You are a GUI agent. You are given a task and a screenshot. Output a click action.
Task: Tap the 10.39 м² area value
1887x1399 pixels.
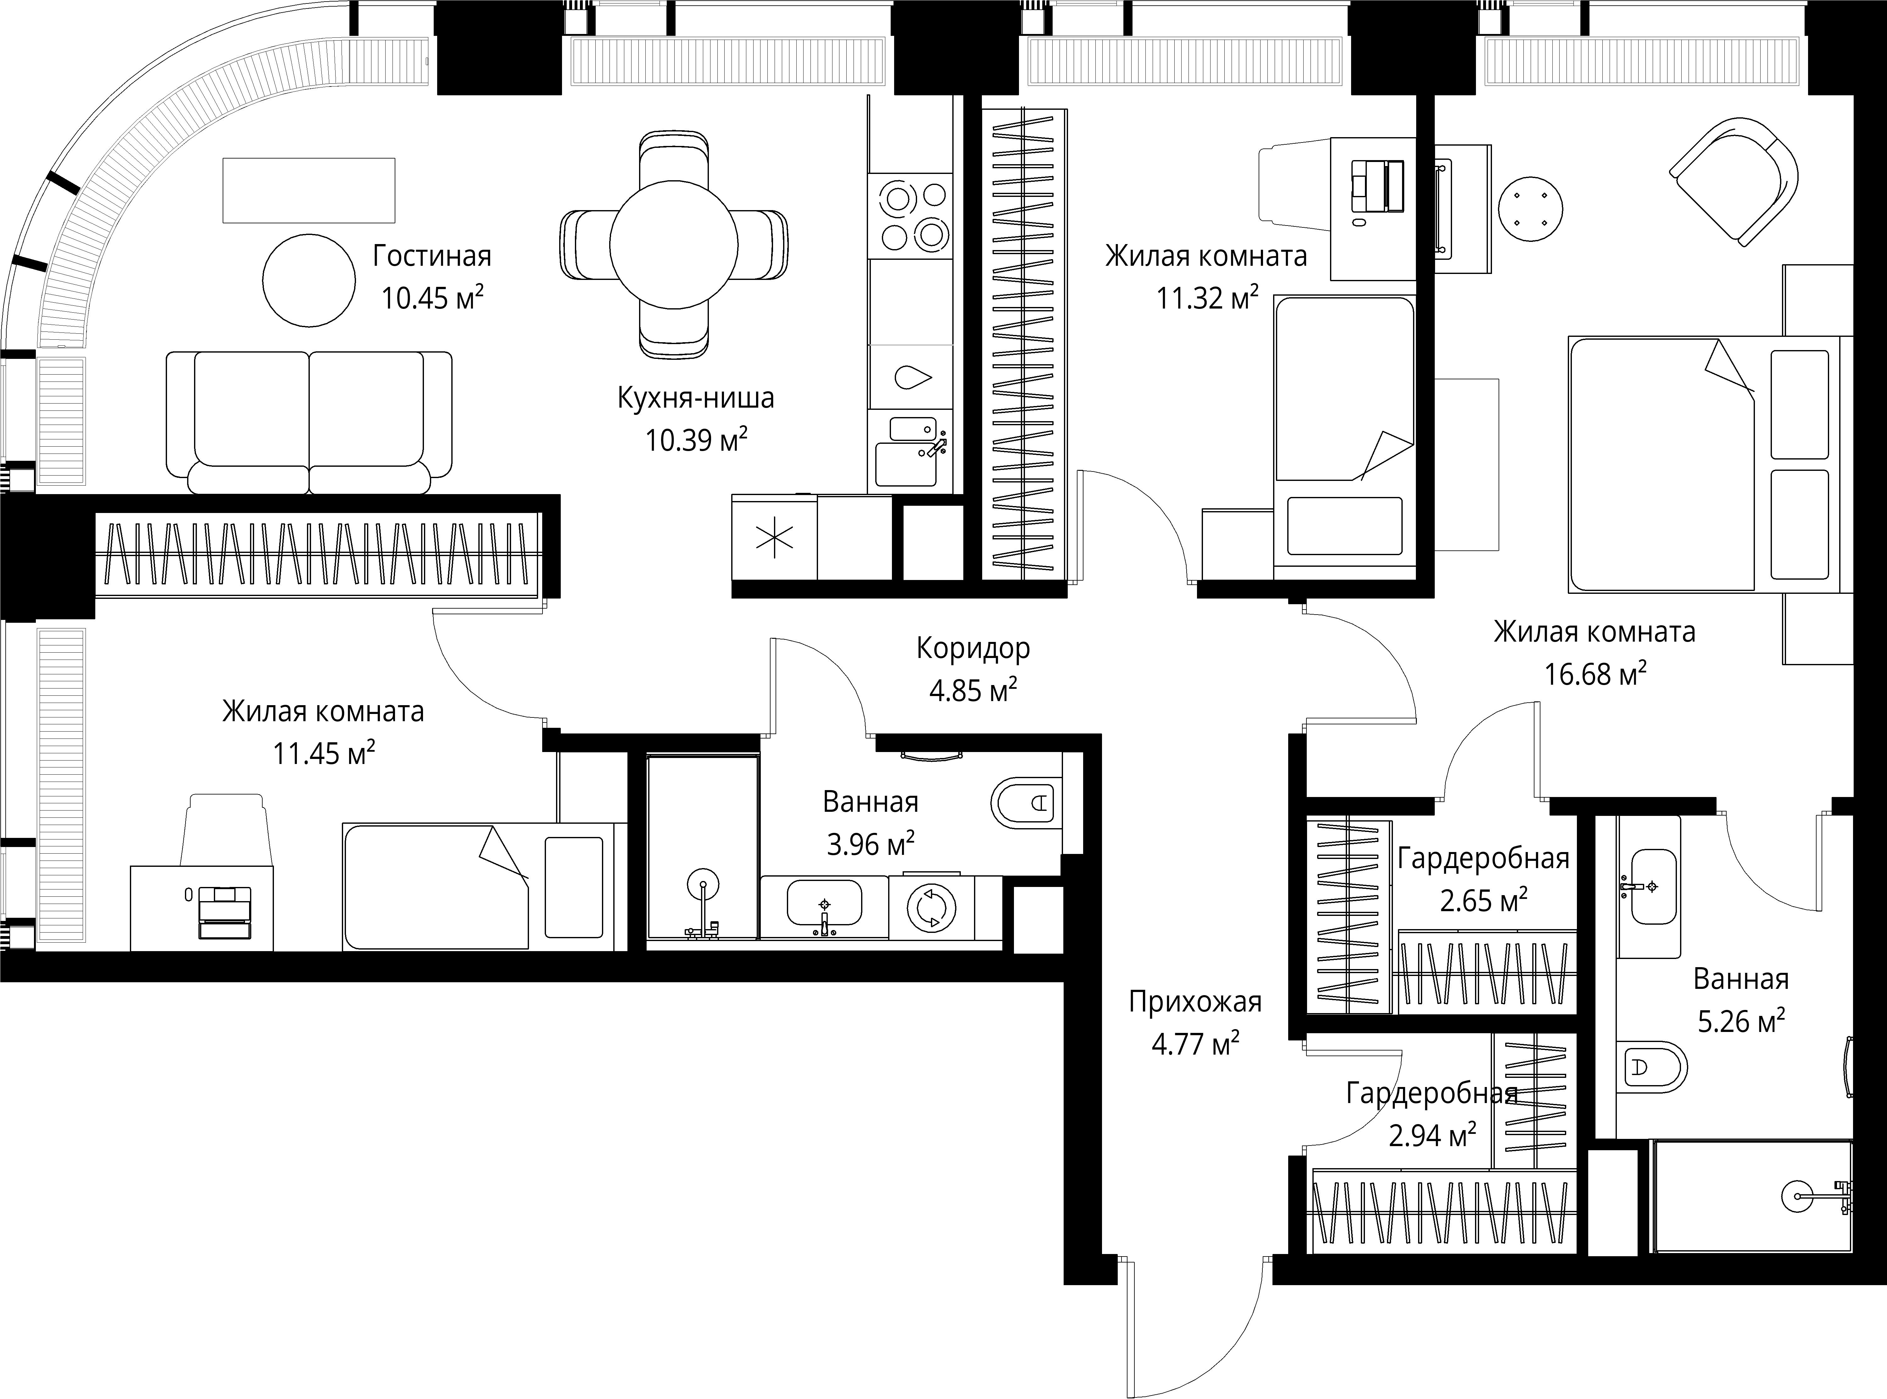(x=696, y=439)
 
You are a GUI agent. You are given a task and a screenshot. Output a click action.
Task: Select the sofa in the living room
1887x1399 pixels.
(x=309, y=423)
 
